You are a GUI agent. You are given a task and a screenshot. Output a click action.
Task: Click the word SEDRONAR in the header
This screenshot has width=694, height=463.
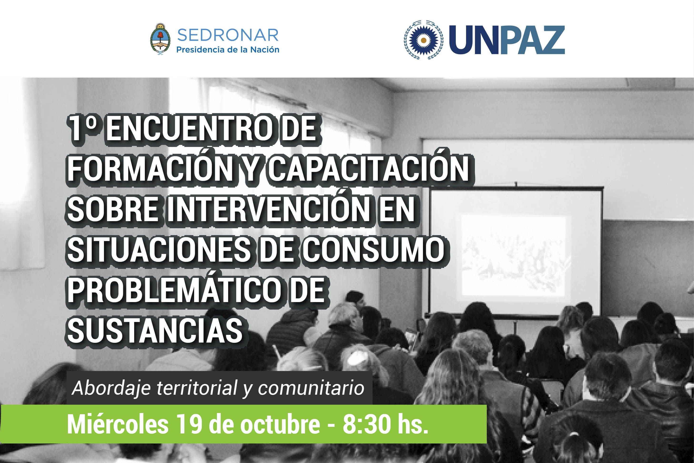(x=228, y=35)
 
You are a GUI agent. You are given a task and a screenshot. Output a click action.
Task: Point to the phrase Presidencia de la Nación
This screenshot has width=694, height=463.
(x=227, y=50)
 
